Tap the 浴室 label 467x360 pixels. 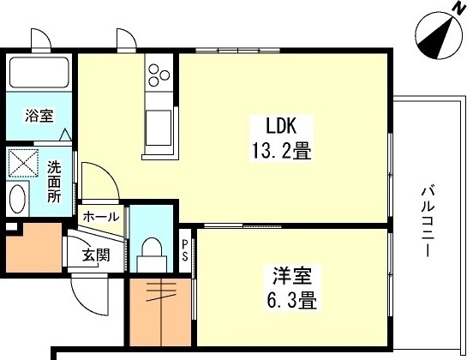coord(39,113)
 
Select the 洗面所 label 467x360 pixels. coord(53,180)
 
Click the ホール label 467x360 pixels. coord(102,217)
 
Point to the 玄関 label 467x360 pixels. coord(94,255)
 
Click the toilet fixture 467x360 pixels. coord(152,253)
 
